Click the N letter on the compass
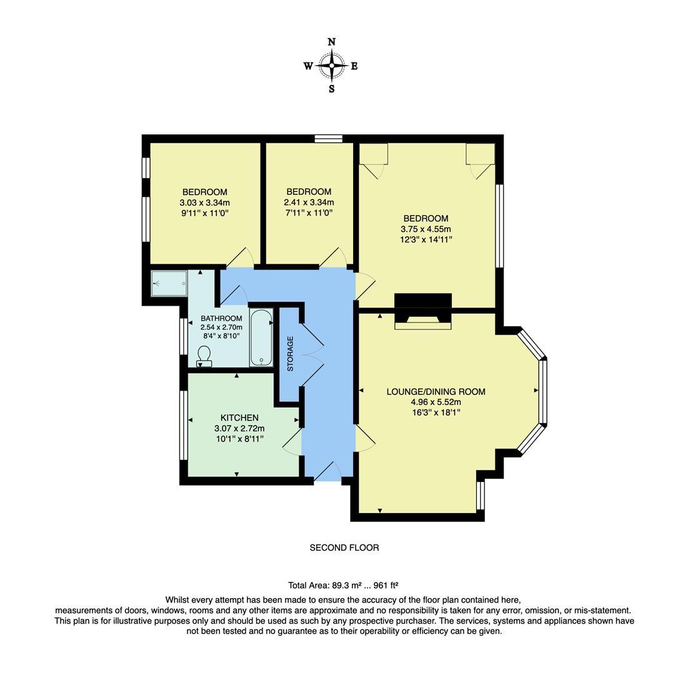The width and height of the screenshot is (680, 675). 331,42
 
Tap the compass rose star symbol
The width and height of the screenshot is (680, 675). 331,65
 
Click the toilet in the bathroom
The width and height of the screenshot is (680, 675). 204,356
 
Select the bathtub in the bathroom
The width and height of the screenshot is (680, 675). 261,337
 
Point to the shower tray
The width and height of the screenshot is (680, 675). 169,283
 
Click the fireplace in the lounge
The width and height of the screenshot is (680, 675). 422,311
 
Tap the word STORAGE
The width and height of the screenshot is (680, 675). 290,354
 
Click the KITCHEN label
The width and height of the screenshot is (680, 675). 239,417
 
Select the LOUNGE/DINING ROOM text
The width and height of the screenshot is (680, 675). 436,392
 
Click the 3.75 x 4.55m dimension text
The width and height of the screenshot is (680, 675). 426,229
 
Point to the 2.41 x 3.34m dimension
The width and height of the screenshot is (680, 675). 309,202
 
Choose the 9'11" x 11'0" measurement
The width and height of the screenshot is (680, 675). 204,213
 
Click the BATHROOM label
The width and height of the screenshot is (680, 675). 221,318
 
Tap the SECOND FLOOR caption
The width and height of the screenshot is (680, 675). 344,547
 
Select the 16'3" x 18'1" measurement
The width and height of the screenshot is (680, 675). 436,412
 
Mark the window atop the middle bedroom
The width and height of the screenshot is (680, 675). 329,139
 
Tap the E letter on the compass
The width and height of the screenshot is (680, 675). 354,66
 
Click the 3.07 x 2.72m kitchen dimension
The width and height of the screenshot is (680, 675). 239,429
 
